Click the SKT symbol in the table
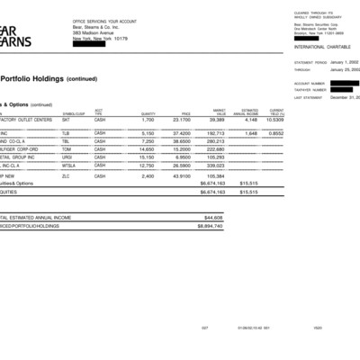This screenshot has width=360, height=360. (66, 119)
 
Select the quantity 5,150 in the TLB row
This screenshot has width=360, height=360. (148, 132)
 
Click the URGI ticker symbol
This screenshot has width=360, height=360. (67, 157)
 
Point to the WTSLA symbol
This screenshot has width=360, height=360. (68, 166)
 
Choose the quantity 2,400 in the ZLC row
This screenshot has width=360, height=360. (148, 175)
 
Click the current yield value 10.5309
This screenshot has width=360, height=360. (274, 119)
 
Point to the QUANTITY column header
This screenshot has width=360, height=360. (148, 113)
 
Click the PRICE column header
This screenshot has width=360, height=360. (185, 113)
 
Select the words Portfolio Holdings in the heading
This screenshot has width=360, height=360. (31, 78)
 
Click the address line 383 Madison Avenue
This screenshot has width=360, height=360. (94, 33)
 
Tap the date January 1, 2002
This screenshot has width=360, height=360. (345, 62)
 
